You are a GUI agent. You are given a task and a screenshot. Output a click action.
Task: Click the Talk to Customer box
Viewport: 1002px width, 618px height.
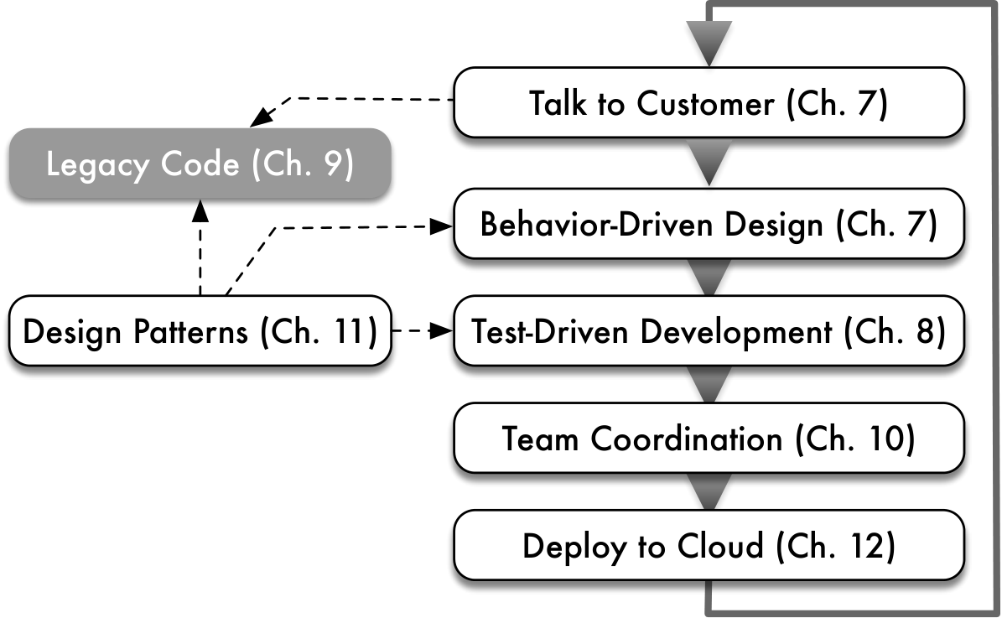[x=709, y=102]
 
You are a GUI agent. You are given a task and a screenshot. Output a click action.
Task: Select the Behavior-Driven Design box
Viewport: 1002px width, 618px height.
[x=709, y=224]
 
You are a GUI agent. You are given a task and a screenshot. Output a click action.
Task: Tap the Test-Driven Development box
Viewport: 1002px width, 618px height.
[x=709, y=331]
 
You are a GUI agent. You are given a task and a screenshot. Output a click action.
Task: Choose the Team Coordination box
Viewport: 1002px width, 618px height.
[x=709, y=439]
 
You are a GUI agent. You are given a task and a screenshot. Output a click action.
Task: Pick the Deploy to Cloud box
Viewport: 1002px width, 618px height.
[x=709, y=545]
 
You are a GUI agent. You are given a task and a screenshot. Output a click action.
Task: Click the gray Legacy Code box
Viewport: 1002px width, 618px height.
[x=200, y=164]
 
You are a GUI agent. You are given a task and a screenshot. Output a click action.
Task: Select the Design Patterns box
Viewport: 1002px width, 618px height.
[x=200, y=331]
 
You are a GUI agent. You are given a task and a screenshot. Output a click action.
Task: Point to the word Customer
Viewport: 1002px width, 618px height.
[x=705, y=103]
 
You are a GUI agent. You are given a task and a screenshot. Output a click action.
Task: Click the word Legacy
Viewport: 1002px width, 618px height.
[x=98, y=166]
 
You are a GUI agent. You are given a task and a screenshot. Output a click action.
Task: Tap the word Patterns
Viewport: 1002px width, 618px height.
[x=190, y=332]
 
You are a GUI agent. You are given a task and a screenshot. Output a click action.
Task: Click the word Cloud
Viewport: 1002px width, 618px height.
[x=720, y=546]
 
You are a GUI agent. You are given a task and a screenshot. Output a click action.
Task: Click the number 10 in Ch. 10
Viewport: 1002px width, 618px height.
[x=885, y=439]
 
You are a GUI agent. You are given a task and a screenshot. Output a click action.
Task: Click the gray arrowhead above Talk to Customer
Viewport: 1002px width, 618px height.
[x=709, y=43]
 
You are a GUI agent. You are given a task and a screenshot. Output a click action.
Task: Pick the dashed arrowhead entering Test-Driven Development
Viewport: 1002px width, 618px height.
[x=441, y=331]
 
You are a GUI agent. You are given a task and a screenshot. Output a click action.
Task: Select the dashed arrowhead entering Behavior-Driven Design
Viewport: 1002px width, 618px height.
[x=441, y=226]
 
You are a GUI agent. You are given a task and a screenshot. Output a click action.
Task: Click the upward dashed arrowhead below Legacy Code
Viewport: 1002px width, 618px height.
[x=200, y=210]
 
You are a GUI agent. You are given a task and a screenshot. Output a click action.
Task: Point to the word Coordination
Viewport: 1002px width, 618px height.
[x=687, y=439]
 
